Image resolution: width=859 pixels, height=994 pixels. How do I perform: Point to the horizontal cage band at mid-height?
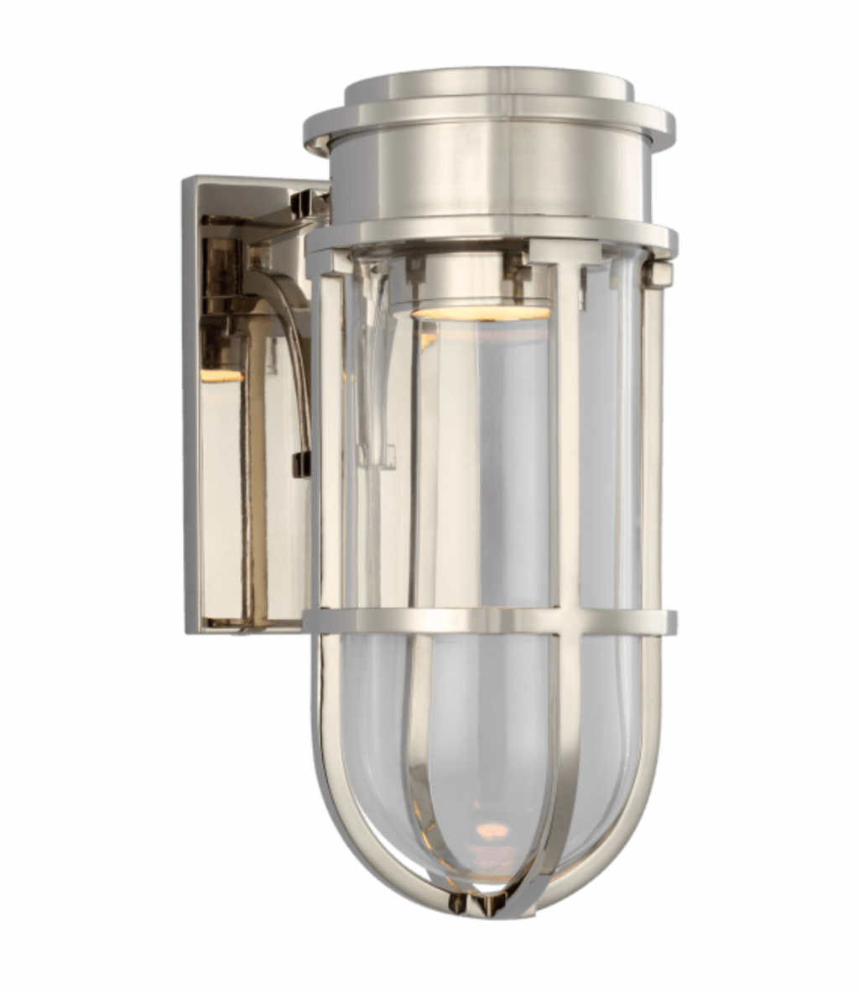click(489, 621)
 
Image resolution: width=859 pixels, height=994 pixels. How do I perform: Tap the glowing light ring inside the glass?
click(480, 313)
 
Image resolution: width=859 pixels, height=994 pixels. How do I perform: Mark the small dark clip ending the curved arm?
click(300, 464)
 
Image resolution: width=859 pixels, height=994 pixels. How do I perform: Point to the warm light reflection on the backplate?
click(220, 375)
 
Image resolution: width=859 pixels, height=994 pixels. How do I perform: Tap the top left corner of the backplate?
click(188, 181)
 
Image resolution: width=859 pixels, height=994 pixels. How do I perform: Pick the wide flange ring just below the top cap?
click(489, 126)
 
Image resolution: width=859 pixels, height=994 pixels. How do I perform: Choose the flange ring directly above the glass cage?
click(489, 236)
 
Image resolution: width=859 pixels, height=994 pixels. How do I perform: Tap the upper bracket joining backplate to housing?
click(308, 202)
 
